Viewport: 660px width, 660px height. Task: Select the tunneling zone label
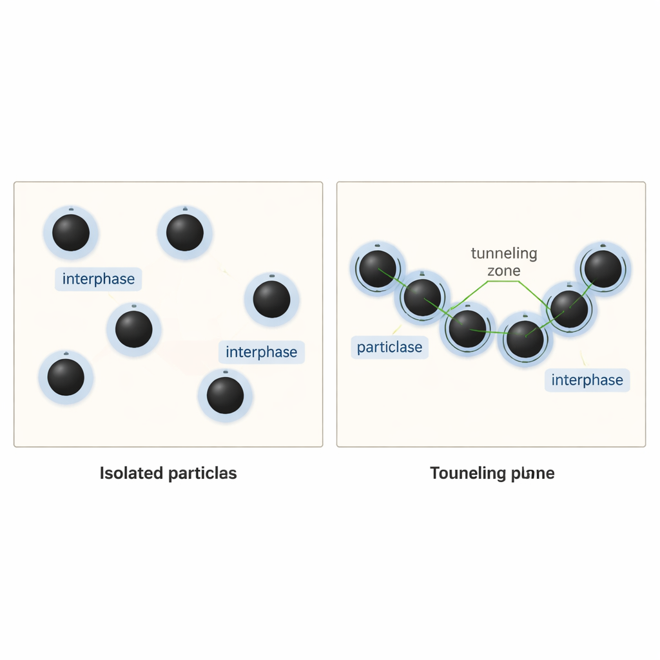504,262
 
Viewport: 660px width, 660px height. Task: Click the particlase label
389,347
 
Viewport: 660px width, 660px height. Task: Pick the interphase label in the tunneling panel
587,380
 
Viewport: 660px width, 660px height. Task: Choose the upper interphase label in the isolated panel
99,279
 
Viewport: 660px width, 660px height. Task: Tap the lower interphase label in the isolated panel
262,353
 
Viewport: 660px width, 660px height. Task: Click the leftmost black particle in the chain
378,269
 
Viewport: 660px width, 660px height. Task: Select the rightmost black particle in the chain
603,269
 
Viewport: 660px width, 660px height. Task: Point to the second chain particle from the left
423,298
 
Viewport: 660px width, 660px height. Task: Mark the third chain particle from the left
467,329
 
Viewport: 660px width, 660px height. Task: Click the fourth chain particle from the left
525,339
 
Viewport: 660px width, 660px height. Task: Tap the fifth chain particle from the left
569,309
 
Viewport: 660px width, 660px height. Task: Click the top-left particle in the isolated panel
71,233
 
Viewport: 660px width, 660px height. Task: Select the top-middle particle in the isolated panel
185,233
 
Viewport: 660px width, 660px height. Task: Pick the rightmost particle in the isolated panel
271,300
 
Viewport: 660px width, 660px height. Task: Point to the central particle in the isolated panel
134,329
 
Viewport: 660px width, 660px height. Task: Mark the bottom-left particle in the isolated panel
66,377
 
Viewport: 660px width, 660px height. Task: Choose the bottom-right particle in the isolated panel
225,395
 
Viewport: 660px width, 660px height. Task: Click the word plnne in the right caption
532,474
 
